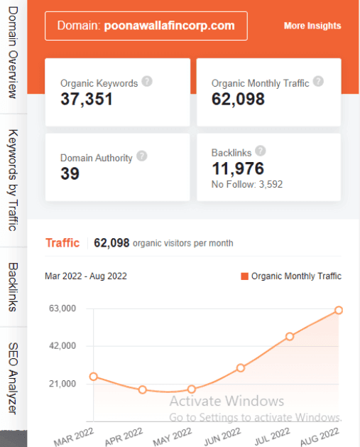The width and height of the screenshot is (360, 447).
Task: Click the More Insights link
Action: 312,26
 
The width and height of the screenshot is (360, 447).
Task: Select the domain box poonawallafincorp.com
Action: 146,26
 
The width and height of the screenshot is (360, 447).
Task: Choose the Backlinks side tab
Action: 13,287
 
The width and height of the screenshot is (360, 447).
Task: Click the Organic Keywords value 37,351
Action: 87,99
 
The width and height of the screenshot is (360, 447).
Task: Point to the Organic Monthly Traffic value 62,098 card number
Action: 238,99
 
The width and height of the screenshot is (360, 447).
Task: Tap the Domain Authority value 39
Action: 70,174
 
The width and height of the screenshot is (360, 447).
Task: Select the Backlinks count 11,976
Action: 238,168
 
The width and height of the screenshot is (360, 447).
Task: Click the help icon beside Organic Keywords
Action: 146,81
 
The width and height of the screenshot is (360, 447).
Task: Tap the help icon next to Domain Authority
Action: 142,156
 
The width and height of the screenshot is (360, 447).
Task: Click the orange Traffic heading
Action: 62,242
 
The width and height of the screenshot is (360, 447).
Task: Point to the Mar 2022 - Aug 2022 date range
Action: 86,276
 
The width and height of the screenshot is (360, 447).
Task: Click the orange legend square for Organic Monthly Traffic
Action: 245,276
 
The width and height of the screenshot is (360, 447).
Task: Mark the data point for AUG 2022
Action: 339,311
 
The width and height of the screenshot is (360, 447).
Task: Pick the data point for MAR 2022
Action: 94,377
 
